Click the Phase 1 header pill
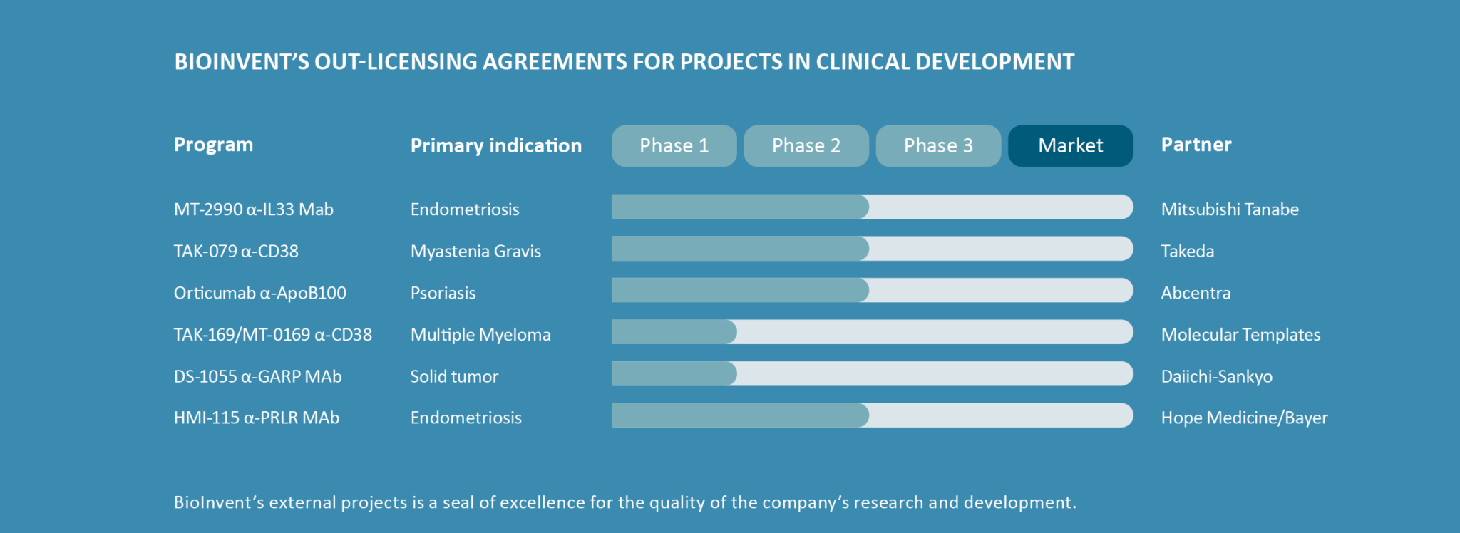(x=674, y=146)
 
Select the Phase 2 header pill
(x=806, y=146)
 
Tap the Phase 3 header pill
(x=938, y=146)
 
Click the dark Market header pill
(x=1071, y=146)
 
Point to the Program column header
(x=213, y=145)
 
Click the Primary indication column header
(x=496, y=145)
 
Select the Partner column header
(x=1196, y=145)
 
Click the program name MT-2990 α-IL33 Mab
(x=254, y=209)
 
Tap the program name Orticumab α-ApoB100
(x=260, y=293)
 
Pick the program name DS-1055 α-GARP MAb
(x=258, y=376)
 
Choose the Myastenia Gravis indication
(x=475, y=252)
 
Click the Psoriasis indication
(x=443, y=293)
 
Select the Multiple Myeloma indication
(x=480, y=335)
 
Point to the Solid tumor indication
(x=454, y=376)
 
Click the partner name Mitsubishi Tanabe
(x=1230, y=209)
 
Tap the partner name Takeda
(x=1188, y=251)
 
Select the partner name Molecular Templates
(x=1240, y=335)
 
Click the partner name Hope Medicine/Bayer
(x=1244, y=418)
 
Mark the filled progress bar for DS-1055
(x=674, y=373)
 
